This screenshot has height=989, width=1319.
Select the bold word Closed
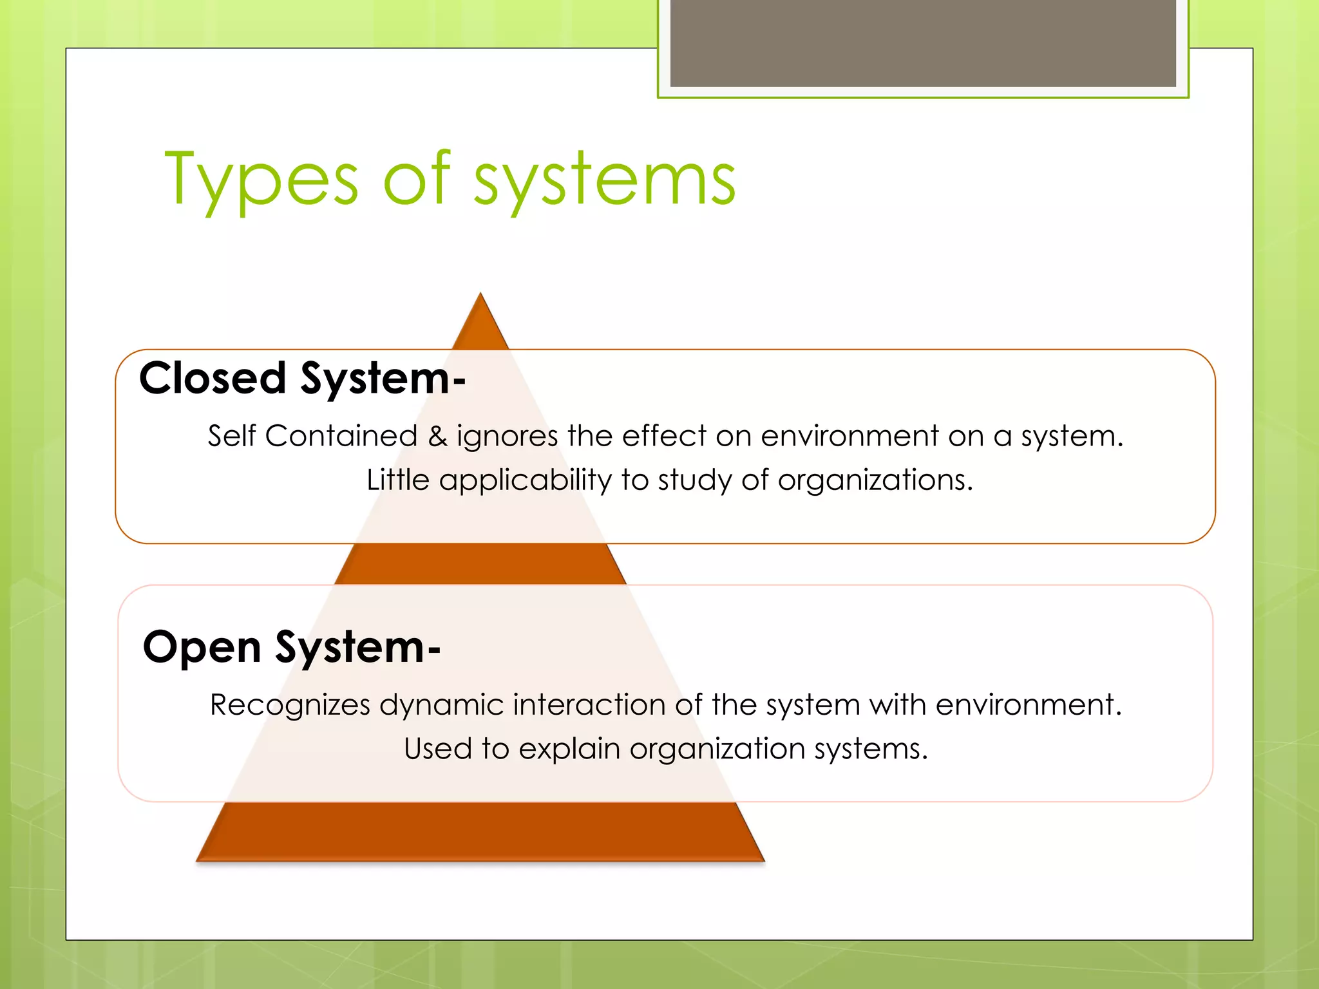(x=213, y=378)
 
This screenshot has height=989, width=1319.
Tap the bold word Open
(x=202, y=646)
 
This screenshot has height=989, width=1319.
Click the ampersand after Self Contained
(x=437, y=437)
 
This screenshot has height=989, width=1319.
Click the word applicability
(x=525, y=480)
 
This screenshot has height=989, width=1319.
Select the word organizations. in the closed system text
(x=875, y=480)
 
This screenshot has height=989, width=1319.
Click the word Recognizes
(x=290, y=705)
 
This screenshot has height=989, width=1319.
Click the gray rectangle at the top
(x=923, y=42)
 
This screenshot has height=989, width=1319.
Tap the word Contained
(x=341, y=437)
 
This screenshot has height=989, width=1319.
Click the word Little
(x=397, y=480)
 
